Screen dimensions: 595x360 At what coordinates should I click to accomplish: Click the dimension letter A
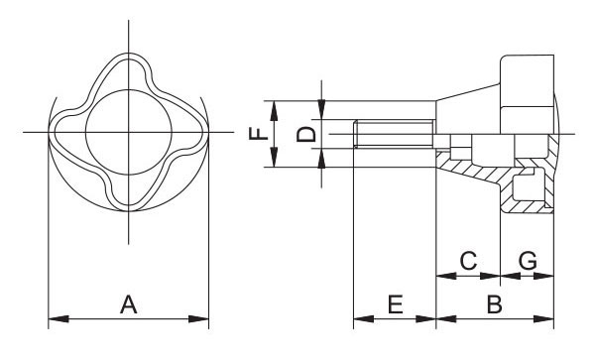click(128, 304)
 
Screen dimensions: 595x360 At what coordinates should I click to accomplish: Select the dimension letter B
click(495, 304)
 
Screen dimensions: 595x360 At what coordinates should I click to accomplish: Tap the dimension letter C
click(468, 261)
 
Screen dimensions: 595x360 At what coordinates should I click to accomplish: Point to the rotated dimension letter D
click(305, 134)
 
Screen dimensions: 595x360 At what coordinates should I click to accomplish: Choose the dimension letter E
click(396, 304)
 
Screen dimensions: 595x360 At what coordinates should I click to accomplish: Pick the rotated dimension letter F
click(259, 134)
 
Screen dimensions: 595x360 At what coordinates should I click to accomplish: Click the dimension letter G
click(528, 261)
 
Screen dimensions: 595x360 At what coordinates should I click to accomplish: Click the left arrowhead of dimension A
click(59, 318)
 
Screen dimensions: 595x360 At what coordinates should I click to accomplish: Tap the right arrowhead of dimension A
click(198, 318)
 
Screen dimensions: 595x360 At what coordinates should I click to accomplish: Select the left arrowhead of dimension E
click(364, 318)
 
